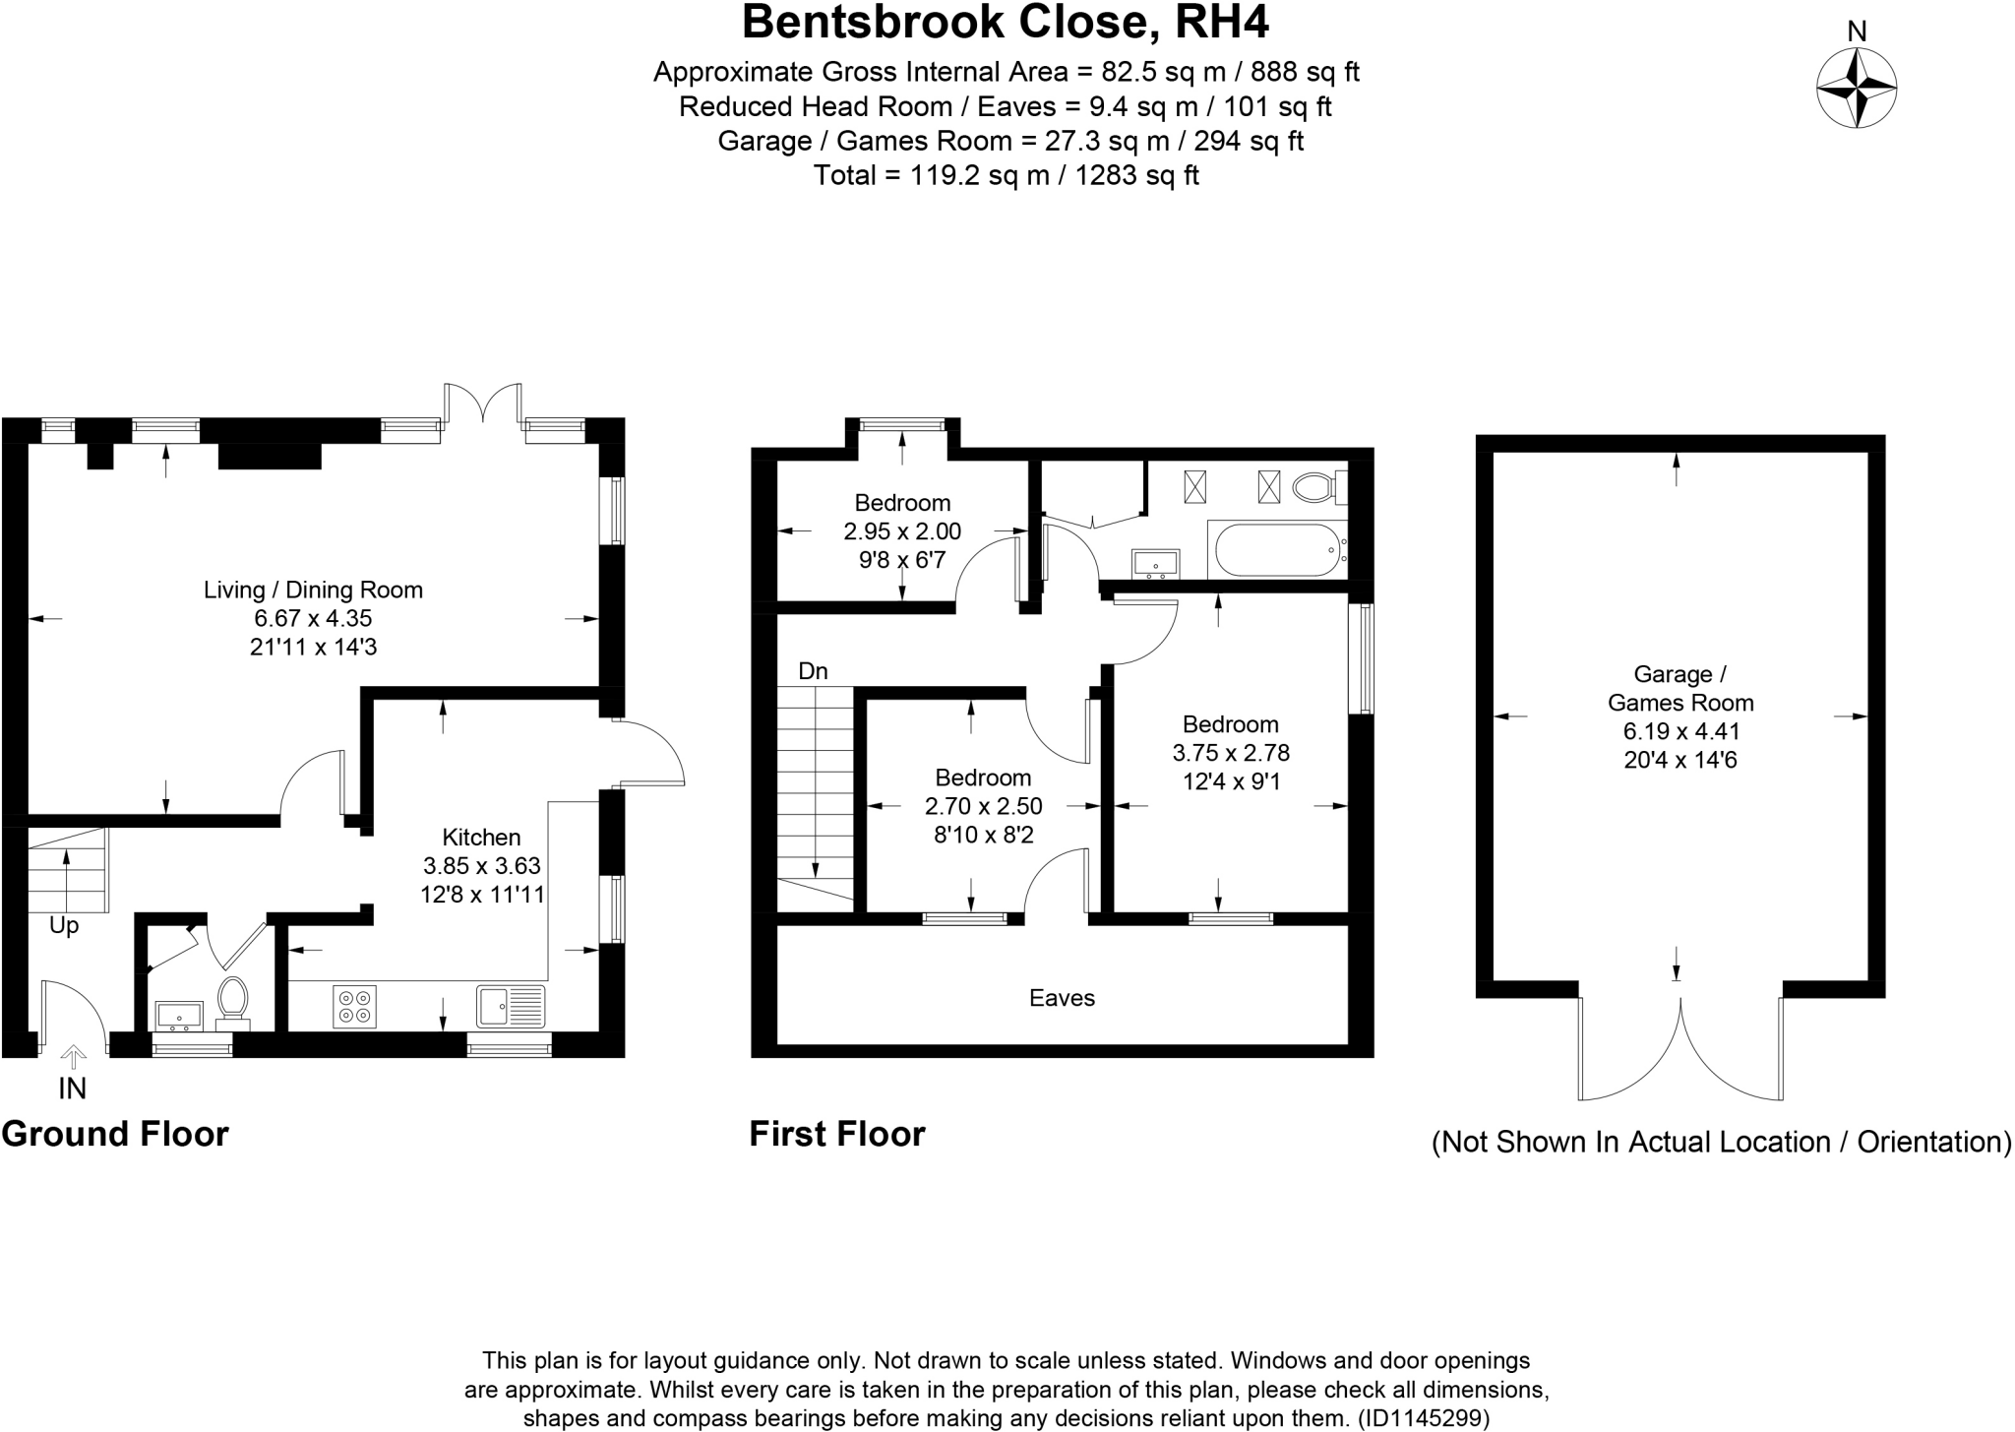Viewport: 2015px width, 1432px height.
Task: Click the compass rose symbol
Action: pyautogui.click(x=1856, y=89)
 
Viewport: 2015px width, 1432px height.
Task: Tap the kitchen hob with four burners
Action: pyautogui.click(x=354, y=1006)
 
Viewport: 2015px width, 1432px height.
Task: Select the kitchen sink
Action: pyautogui.click(x=510, y=1006)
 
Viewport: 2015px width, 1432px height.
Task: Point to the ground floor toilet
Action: pyautogui.click(x=233, y=1000)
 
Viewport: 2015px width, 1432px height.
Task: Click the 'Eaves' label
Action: pyautogui.click(x=1062, y=998)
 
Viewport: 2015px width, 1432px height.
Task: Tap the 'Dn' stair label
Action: pyautogui.click(x=813, y=671)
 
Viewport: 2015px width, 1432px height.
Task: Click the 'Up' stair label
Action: pyautogui.click(x=64, y=926)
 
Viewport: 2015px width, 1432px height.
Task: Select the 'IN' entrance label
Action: pyautogui.click(x=73, y=1088)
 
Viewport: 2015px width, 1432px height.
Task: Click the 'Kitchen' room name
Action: pyautogui.click(x=481, y=838)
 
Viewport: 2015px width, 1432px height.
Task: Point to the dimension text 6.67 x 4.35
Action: pyautogui.click(x=313, y=619)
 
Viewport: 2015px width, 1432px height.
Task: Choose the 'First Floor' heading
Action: pyautogui.click(x=837, y=1134)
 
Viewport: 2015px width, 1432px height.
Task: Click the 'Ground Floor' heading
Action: pyautogui.click(x=115, y=1134)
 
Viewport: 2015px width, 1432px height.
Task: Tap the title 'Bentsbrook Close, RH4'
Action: pyautogui.click(x=1006, y=23)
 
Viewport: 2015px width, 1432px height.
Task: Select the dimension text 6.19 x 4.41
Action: pyautogui.click(x=1680, y=731)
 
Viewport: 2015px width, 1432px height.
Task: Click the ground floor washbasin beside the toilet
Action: pyautogui.click(x=179, y=1015)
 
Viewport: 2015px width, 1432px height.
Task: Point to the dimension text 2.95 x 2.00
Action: pyautogui.click(x=902, y=531)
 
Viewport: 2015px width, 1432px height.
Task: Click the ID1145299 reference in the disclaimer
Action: pyautogui.click(x=1424, y=1418)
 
